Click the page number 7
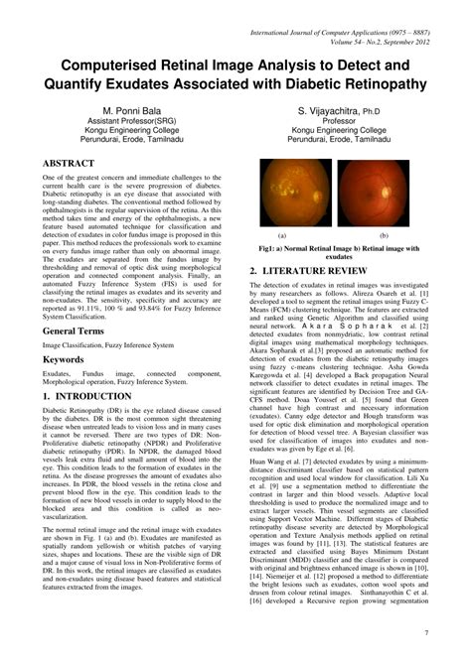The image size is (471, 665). tap(453, 632)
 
